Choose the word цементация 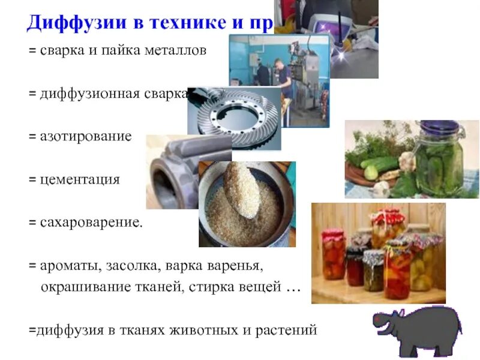79,179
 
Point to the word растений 286,330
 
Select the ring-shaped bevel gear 234,117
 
